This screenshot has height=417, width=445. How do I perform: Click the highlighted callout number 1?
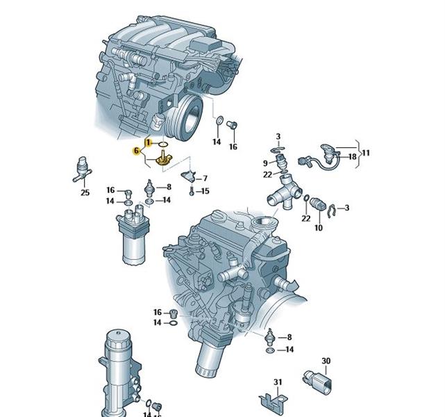tap(148, 142)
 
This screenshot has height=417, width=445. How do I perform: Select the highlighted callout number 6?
tap(137, 151)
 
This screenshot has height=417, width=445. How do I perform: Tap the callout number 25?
tap(85, 193)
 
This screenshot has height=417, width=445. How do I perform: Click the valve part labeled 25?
tap(82, 169)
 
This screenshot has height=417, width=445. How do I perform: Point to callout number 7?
tap(205, 179)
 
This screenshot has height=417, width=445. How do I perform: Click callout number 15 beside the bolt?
tap(205, 191)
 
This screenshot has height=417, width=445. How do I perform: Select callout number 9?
tap(265, 163)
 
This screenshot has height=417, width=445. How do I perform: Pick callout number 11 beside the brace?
tap(366, 153)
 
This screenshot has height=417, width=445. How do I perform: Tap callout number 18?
tap(352, 156)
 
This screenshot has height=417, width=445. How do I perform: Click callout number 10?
tap(319, 227)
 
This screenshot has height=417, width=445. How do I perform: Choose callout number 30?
tap(326, 361)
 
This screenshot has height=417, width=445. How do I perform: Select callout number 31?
tap(278, 382)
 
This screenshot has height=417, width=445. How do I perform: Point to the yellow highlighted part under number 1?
tap(164, 158)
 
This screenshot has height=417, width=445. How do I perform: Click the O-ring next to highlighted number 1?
tap(163, 145)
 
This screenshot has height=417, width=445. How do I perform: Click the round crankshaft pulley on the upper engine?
tap(188, 118)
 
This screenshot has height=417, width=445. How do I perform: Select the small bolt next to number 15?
tap(192, 191)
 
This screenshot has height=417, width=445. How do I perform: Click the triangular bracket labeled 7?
tap(188, 176)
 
